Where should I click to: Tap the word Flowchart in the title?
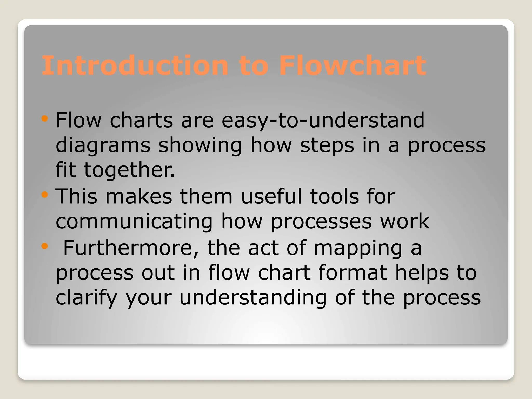click(x=352, y=65)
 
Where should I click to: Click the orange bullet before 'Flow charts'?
click(x=45, y=119)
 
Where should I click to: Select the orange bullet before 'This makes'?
click(x=45, y=195)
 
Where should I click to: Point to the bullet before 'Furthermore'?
click(x=45, y=246)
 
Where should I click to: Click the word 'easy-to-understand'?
click(x=323, y=121)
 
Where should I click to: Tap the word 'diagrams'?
click(x=103, y=145)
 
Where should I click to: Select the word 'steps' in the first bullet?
click(x=327, y=145)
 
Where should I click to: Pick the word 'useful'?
click(x=271, y=196)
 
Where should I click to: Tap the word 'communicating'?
click(x=134, y=221)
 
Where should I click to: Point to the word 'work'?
click(x=405, y=221)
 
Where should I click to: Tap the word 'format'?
click(x=353, y=273)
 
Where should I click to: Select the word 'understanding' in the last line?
click(x=253, y=298)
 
